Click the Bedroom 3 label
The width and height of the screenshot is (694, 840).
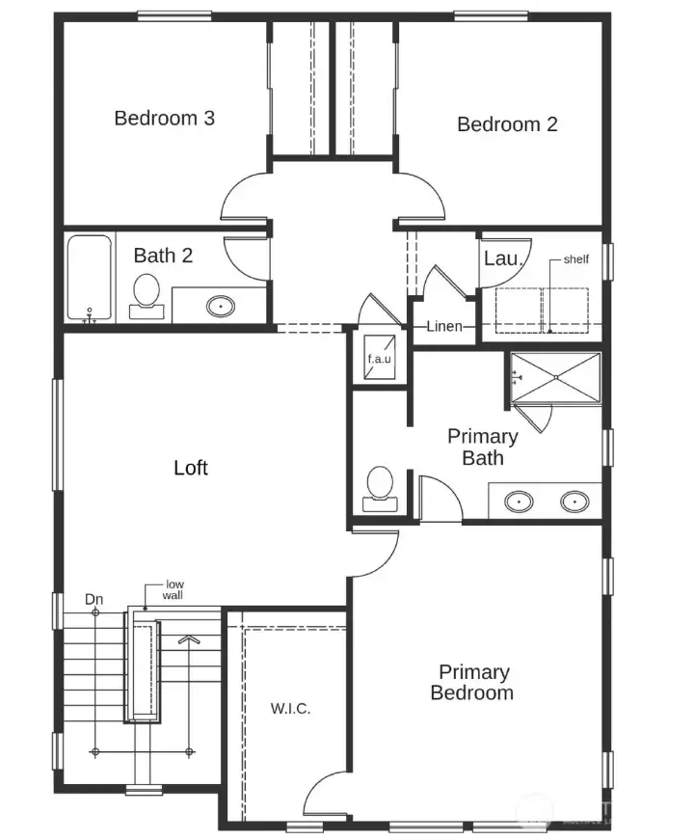click(164, 119)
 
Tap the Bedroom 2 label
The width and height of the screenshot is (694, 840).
click(507, 124)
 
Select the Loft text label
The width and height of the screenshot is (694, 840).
click(191, 468)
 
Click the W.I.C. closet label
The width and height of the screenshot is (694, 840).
click(290, 709)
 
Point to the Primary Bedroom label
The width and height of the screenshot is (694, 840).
click(473, 683)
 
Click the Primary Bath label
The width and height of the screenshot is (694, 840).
click(482, 447)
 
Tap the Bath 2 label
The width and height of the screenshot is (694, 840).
click(163, 256)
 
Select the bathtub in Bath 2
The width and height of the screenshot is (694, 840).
click(90, 278)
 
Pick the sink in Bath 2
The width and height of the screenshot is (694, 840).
click(221, 307)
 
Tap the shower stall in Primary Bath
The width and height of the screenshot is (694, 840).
click(553, 377)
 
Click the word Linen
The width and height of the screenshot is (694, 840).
click(444, 327)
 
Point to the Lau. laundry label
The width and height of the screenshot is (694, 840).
click(502, 258)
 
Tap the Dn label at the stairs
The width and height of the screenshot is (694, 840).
click(93, 600)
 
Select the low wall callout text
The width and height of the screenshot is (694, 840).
click(174, 590)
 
